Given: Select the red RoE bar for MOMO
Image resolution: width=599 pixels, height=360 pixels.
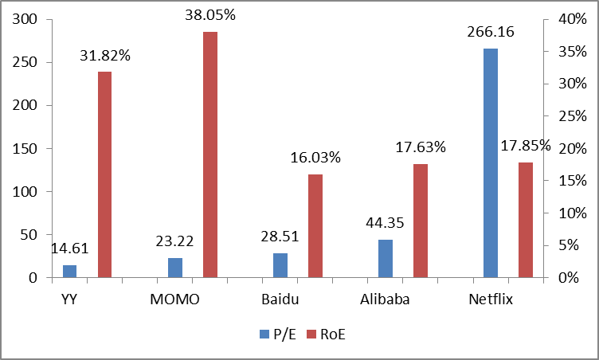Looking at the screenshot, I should tap(209, 155).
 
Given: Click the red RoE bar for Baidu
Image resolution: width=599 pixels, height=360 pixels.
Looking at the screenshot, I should tap(315, 226).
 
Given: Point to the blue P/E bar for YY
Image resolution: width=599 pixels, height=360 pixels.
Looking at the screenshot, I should tap(69, 272).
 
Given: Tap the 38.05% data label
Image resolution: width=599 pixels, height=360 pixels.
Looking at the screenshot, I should tap(209, 16).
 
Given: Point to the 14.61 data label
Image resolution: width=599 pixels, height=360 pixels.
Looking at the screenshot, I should tap(69, 248).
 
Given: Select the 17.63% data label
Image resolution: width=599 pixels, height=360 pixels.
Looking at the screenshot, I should tap(420, 147).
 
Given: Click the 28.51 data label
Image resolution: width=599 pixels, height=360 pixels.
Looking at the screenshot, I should tap(280, 237).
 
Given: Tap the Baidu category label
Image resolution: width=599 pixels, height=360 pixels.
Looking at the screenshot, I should tap(280, 300).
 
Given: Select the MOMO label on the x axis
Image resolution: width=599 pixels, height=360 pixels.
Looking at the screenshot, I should tap(174, 300).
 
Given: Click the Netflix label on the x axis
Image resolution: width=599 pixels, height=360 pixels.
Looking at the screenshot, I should tap(491, 300).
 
